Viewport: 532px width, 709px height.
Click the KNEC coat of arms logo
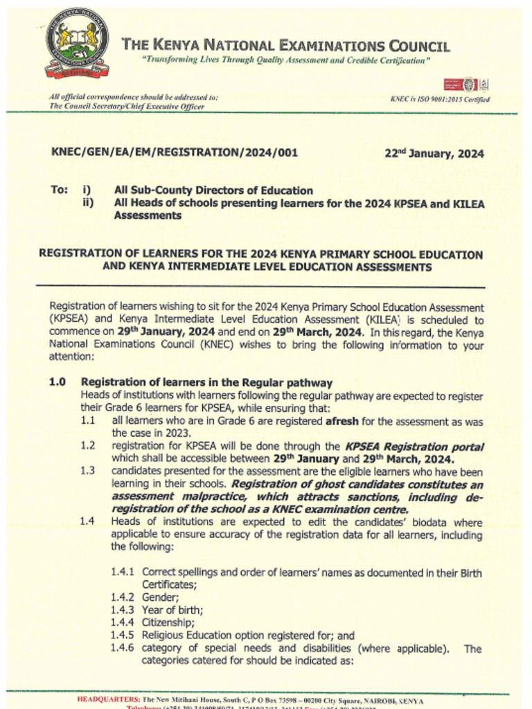pyautogui.click(x=77, y=43)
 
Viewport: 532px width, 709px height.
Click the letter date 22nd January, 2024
pyautogui.click(x=434, y=154)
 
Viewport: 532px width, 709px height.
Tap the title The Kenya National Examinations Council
pyautogui.click(x=285, y=46)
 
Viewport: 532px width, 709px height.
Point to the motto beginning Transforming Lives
pyautogui.click(x=285, y=61)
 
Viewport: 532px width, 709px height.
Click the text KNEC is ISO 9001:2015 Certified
pyautogui.click(x=440, y=100)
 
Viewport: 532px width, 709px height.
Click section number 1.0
pyautogui.click(x=57, y=382)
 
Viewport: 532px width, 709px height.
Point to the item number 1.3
pyautogui.click(x=87, y=471)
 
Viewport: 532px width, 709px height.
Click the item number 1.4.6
pyautogui.click(x=124, y=648)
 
